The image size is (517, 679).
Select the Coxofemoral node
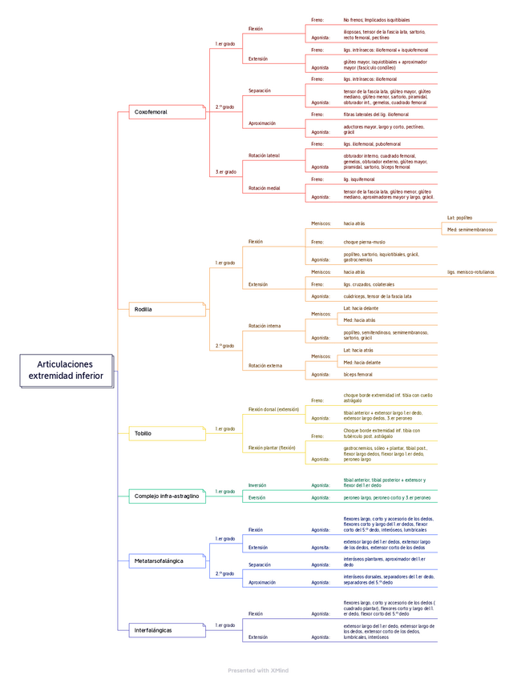pos(151,112)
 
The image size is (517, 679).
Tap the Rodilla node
pos(143,309)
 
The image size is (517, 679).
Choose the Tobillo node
pos(143,433)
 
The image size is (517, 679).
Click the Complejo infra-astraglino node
pos(167,496)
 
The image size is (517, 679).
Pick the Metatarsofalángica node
pos(159,561)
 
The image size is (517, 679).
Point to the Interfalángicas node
pos(153,630)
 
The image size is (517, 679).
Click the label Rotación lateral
pos(265,155)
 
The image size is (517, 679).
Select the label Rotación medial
pos(265,187)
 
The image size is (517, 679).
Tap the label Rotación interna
pos(265,326)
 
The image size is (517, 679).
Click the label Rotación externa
pos(265,365)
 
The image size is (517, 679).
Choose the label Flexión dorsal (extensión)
pos(273,408)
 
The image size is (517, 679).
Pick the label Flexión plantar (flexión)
pos(272,448)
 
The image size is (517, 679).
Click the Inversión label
pos(257,485)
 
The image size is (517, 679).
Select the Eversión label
pos(257,497)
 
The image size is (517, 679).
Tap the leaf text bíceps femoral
pos(358,374)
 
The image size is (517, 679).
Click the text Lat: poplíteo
pos(459,218)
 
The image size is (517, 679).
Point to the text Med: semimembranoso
pos(471,230)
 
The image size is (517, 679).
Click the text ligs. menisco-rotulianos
pos(471,272)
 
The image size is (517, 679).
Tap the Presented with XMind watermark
pos(258,669)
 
